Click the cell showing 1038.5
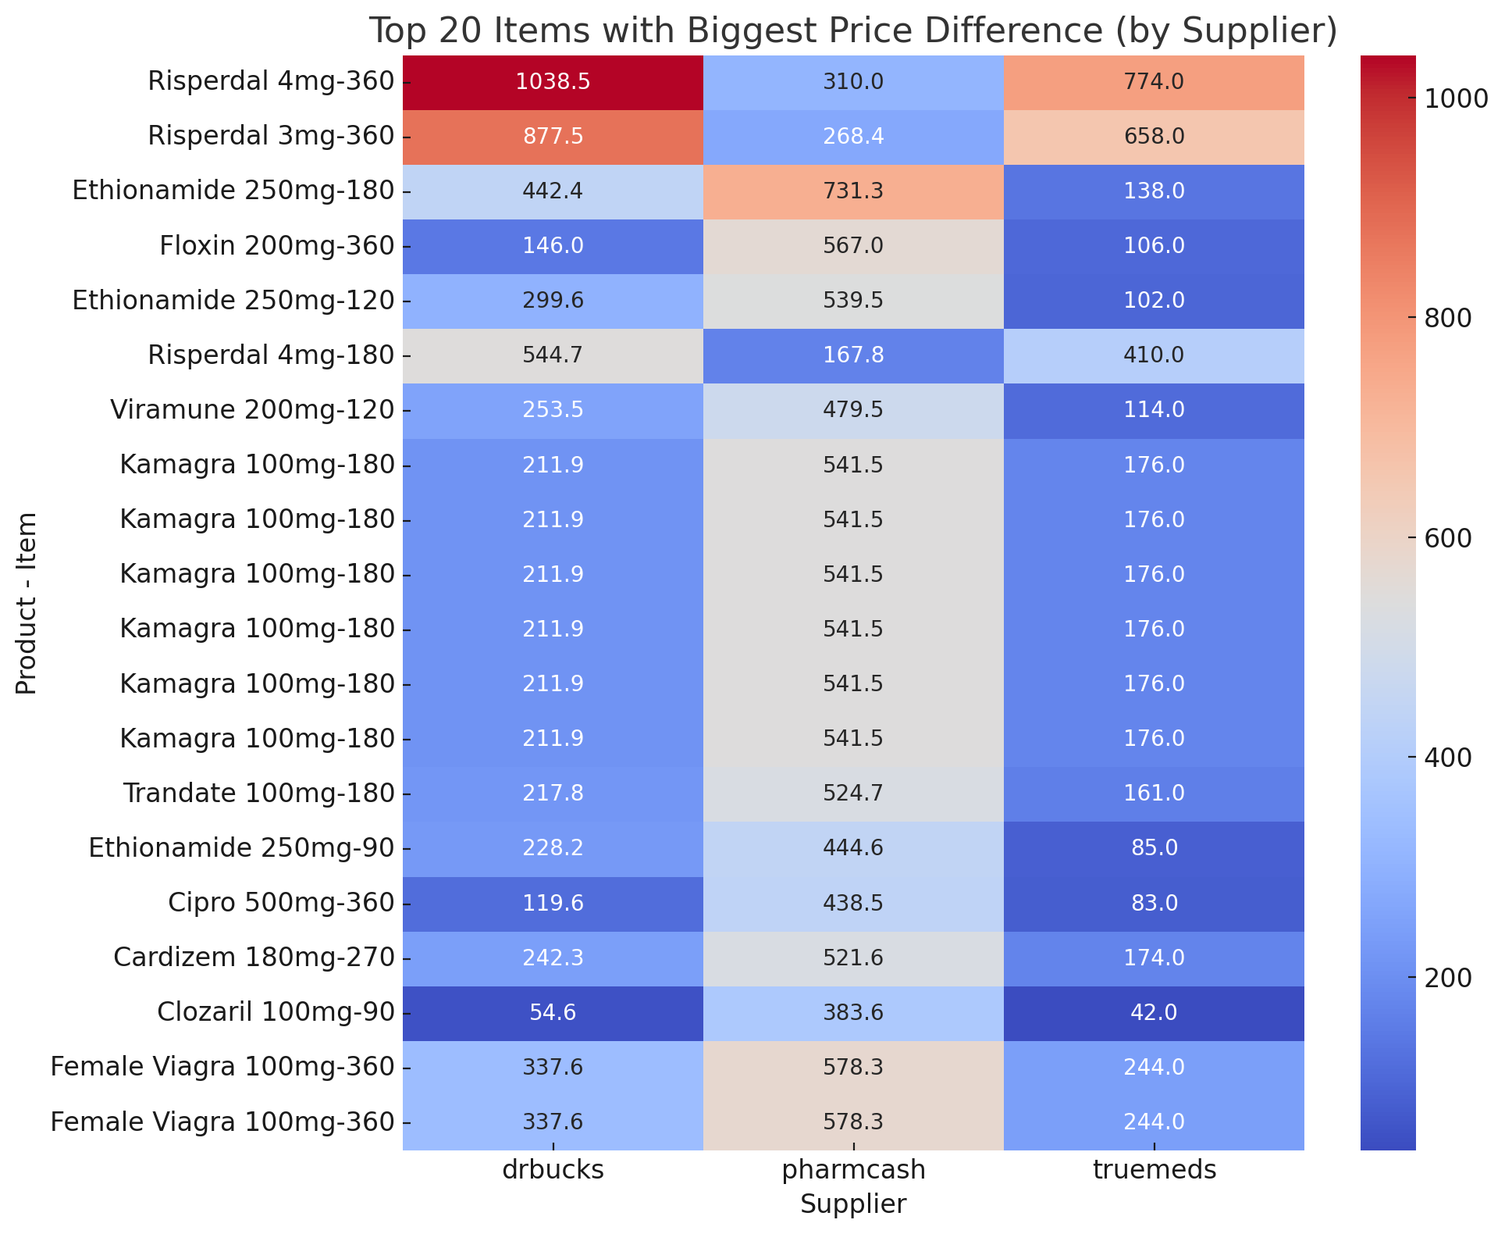pos(553,82)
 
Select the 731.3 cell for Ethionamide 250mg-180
pos(853,191)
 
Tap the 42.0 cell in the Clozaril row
pos(1154,1013)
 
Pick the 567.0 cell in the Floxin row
pos(853,246)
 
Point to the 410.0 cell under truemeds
pos(1154,356)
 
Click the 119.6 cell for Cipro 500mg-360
pos(553,904)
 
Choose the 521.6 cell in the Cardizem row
pos(853,958)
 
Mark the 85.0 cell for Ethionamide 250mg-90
pos(1154,848)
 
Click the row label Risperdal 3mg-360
pos(271,137)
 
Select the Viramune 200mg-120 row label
pos(252,410)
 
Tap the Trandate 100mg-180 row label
pos(258,794)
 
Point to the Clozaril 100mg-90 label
pos(276,1013)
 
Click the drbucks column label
pos(553,1169)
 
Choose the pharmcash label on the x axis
pos(853,1169)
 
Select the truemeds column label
pos(1154,1169)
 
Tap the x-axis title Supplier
pos(853,1204)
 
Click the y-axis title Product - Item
pos(27,603)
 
